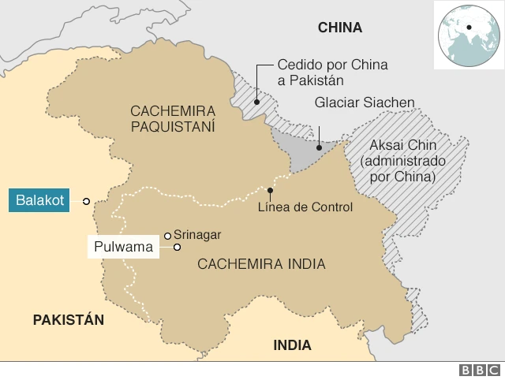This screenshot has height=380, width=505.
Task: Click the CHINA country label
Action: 339,28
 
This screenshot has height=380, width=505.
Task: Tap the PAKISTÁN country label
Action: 69,319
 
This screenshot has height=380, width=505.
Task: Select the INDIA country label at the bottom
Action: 292,345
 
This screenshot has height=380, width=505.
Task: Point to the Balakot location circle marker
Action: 86,202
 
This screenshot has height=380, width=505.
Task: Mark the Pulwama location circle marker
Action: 178,248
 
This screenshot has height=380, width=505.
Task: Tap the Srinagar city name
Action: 197,234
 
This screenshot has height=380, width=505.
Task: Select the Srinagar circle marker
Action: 167,234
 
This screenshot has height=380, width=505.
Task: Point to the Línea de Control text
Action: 305,207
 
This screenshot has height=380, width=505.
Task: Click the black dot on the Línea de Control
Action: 270,190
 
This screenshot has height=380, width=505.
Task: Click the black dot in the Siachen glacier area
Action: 318,147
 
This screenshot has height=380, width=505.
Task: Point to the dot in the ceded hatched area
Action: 257,101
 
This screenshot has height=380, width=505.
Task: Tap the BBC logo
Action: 478,370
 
